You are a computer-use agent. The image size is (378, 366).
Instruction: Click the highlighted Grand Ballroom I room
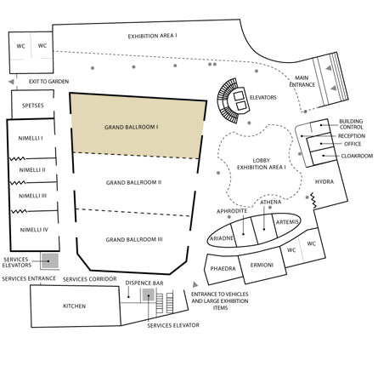[138, 127]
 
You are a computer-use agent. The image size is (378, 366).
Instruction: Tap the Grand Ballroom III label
[134, 240]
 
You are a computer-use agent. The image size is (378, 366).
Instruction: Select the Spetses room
[32, 104]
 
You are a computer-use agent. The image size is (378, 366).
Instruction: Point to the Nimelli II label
[32, 170]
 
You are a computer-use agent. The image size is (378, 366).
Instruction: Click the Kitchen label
[74, 306]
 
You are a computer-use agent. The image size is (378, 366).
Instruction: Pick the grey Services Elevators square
[50, 261]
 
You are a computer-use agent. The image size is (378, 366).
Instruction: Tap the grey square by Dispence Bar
[149, 295]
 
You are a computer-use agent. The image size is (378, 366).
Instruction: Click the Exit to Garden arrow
[11, 82]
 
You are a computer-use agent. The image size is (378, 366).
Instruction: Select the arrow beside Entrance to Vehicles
[195, 284]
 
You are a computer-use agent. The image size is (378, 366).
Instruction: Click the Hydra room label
[324, 181]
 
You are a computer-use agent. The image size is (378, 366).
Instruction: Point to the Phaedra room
[223, 269]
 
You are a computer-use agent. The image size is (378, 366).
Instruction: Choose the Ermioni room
[262, 266]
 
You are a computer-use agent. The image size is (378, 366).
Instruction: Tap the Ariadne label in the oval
[222, 238]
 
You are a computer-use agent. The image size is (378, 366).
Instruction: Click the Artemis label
[287, 222]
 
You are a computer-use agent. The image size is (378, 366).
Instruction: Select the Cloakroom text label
[357, 156]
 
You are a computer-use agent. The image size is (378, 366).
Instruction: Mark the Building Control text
[351, 124]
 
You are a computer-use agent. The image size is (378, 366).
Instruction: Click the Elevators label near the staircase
[262, 98]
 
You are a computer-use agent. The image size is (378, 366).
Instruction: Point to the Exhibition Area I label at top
[153, 36]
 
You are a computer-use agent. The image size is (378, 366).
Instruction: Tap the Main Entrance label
[302, 81]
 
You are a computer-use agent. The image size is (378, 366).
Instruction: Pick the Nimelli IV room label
[34, 230]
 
